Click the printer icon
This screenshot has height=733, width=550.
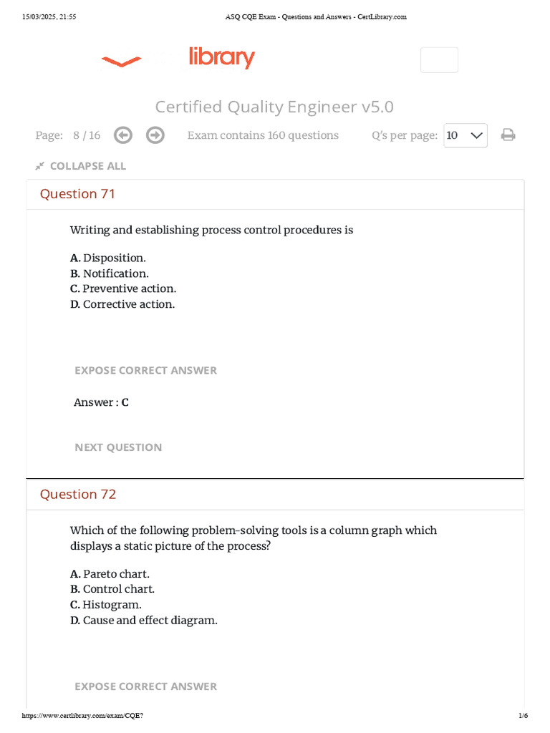pyautogui.click(x=508, y=135)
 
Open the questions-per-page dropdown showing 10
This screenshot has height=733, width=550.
pyautogui.click(x=465, y=135)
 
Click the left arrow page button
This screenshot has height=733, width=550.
pyautogui.click(x=123, y=135)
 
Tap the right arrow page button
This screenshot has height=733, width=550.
pyautogui.click(x=155, y=135)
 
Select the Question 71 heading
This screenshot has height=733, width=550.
pyautogui.click(x=77, y=194)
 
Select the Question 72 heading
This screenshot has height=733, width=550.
pyautogui.click(x=77, y=495)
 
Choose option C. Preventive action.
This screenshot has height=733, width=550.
pyautogui.click(x=123, y=288)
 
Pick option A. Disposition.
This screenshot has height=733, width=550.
pyautogui.click(x=108, y=258)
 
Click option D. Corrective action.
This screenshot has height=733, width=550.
pyautogui.click(x=122, y=304)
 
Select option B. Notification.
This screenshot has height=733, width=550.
pyautogui.click(x=110, y=273)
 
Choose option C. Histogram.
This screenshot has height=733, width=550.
pyautogui.click(x=106, y=605)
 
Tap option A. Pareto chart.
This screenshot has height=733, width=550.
pyautogui.click(x=110, y=574)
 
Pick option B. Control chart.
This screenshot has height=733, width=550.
pyautogui.click(x=112, y=589)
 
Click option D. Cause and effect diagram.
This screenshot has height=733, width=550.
pyautogui.click(x=144, y=621)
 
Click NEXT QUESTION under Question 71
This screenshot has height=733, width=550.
pyautogui.click(x=118, y=447)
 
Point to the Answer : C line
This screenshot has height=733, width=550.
pyautogui.click(x=101, y=402)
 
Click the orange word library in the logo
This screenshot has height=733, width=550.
pyautogui.click(x=221, y=57)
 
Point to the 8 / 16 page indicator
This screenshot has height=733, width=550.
pyautogui.click(x=87, y=135)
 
